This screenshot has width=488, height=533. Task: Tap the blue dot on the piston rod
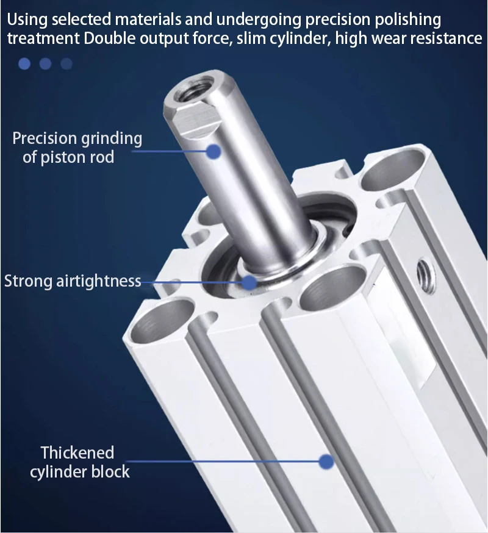coord(214,151)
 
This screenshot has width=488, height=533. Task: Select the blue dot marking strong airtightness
coord(249,282)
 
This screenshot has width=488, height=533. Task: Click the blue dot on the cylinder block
coord(326,462)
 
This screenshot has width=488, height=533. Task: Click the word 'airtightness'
coord(99,281)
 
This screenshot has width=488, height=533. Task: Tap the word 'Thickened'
coord(77,453)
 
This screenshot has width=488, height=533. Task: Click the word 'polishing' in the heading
coord(407,20)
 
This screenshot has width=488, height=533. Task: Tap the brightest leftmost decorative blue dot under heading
coord(24,63)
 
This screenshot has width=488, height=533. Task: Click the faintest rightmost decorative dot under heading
coord(66,63)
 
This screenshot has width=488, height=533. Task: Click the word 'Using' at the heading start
coord(27,20)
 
